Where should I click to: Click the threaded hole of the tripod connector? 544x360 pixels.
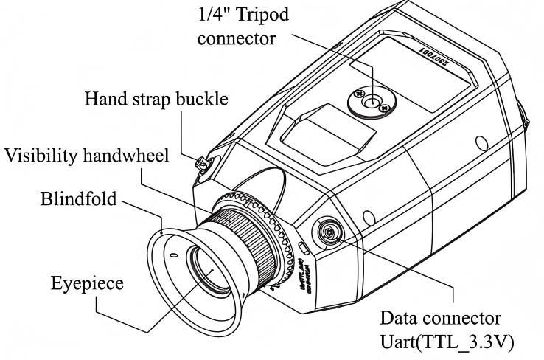373,100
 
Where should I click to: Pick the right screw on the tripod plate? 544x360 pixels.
384,109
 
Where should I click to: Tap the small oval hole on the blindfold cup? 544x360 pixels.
173,255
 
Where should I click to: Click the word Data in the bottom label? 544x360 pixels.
397,320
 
